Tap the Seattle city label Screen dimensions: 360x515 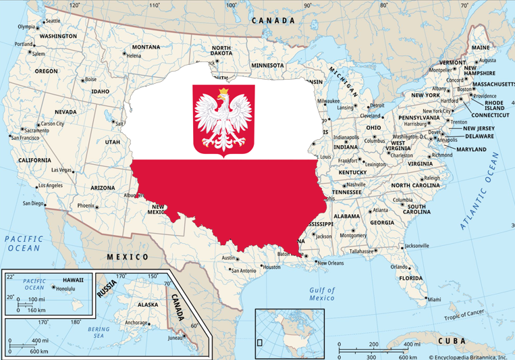click(x=52, y=21)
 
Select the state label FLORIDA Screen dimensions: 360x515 click(x=410, y=278)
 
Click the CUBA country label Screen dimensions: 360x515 click(x=452, y=341)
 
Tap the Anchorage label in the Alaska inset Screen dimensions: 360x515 click(x=136, y=323)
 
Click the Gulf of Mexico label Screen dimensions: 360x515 click(x=322, y=293)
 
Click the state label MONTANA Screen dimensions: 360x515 click(x=146, y=47)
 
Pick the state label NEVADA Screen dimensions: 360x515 click(x=65, y=111)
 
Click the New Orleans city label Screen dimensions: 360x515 click(x=330, y=263)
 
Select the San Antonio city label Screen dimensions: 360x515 click(x=243, y=271)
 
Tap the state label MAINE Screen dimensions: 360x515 click(x=481, y=48)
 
